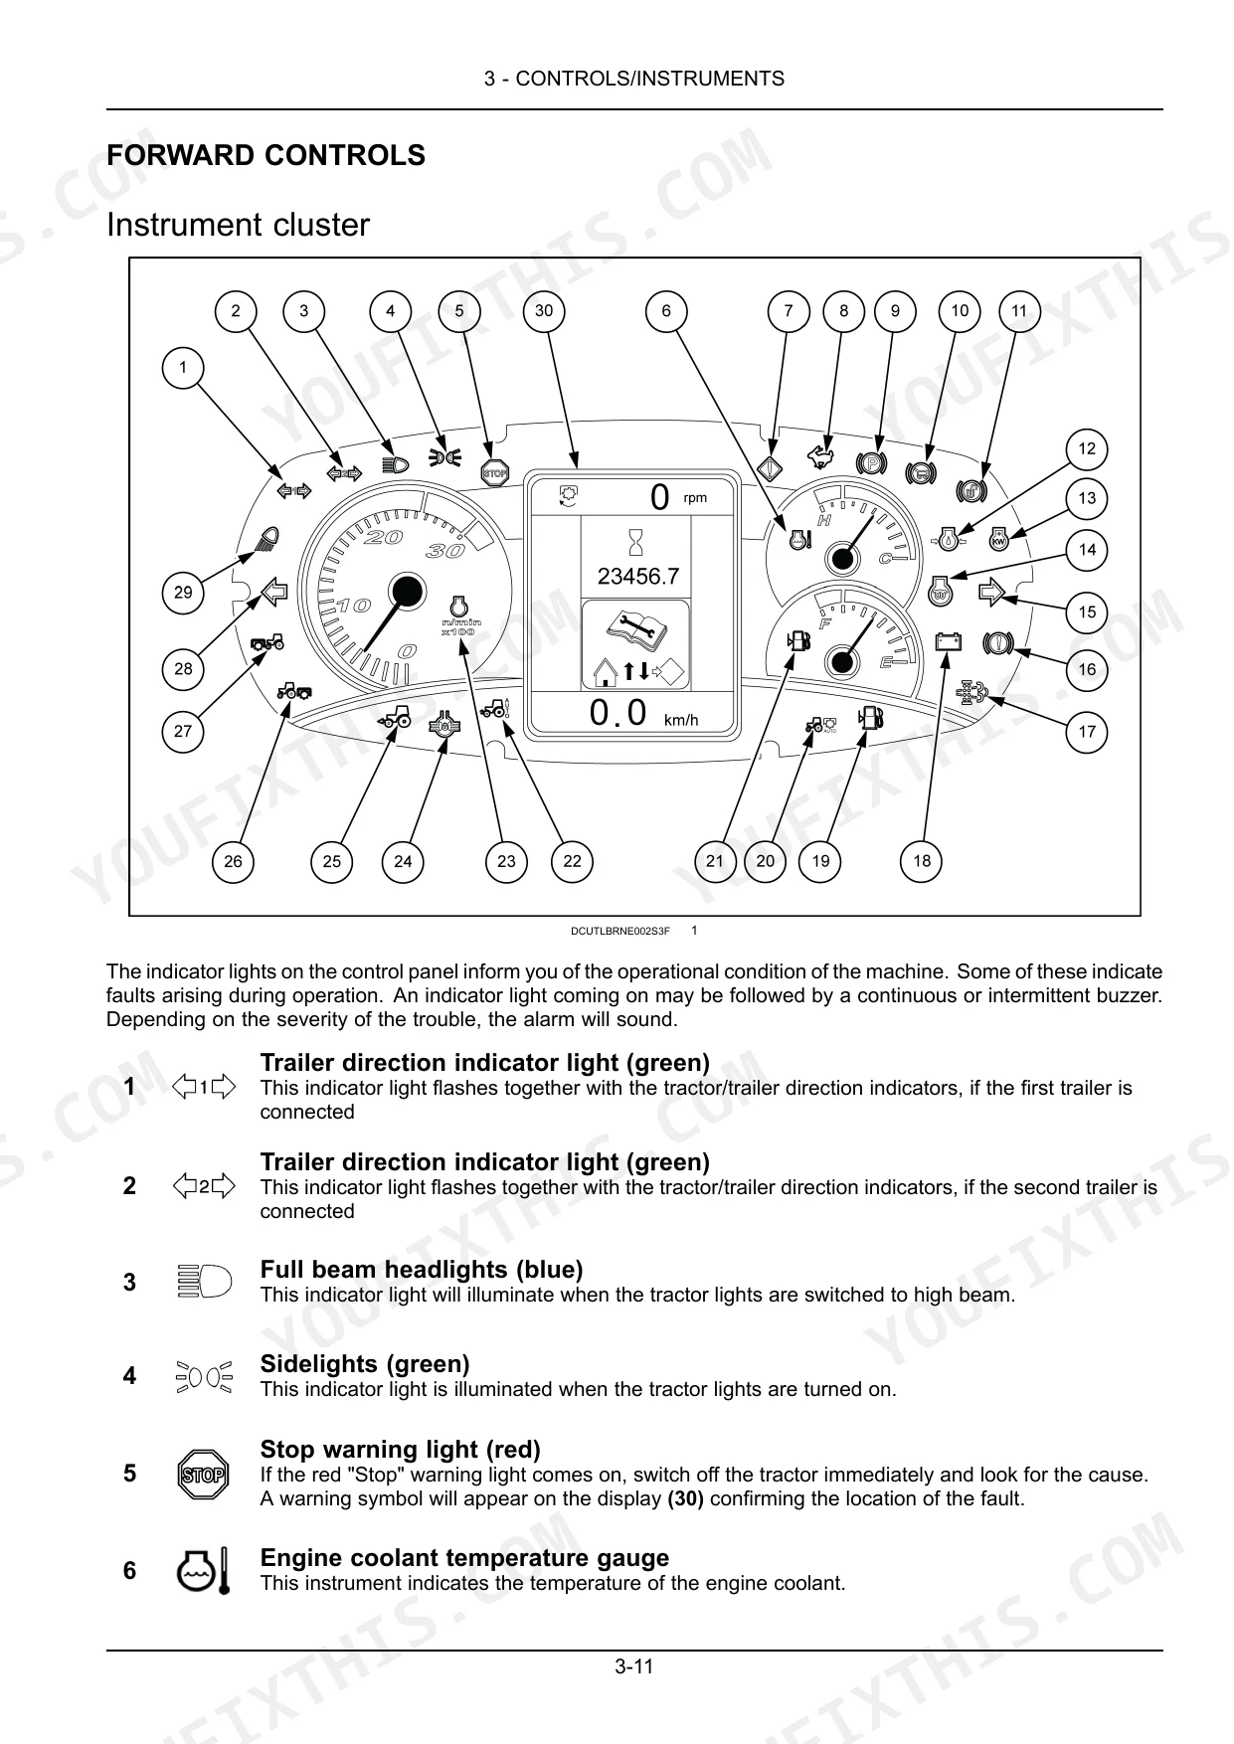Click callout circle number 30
[543, 310]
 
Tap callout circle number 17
[1087, 732]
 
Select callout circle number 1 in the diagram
[182, 368]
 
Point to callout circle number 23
[506, 861]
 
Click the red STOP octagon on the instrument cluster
[494, 473]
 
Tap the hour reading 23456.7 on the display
[637, 576]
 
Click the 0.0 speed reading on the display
[617, 713]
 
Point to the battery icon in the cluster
[949, 642]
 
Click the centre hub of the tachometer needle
[405, 593]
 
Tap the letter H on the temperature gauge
[823, 520]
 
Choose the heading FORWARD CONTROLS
[265, 155]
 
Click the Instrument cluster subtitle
[238, 225]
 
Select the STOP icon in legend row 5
[203, 1475]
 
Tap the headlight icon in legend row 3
[203, 1282]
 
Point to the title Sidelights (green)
[365, 1364]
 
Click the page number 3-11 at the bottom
[634, 1666]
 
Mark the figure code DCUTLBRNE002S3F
[620, 931]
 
